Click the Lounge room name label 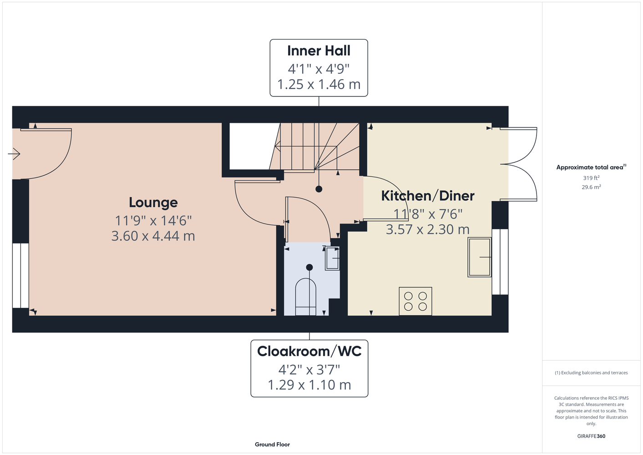153,202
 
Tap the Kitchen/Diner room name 428,196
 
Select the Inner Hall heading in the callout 319,51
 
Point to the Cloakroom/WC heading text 309,351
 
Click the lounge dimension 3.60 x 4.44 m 153,236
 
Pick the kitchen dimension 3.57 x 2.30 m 428,229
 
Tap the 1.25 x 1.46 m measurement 319,84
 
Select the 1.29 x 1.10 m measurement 309,385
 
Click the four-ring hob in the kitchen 415,301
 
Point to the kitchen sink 479,257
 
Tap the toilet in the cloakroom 306,297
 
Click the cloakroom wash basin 332,258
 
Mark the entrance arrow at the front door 14,154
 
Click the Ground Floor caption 272,445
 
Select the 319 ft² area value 591,178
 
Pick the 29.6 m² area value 591,187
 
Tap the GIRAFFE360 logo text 591,436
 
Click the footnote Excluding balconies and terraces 591,373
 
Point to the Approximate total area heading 591,167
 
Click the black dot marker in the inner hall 319,189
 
